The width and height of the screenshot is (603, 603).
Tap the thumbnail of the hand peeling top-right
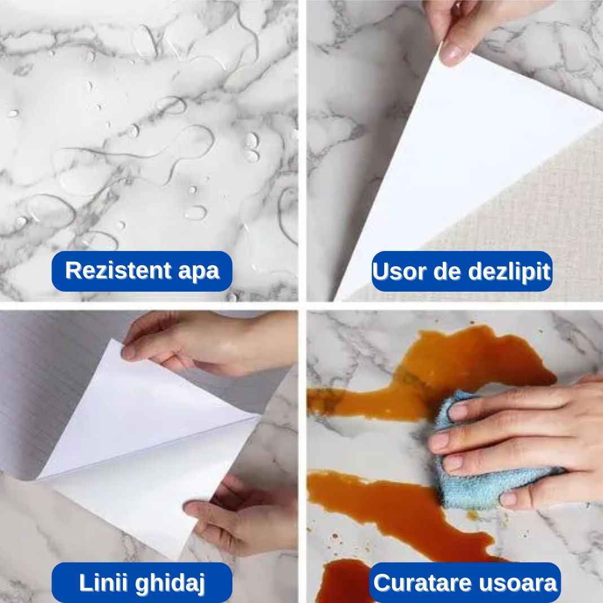pos(450,53)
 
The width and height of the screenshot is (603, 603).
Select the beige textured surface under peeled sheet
pos(525,226)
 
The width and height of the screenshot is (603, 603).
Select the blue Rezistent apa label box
pos(142,271)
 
